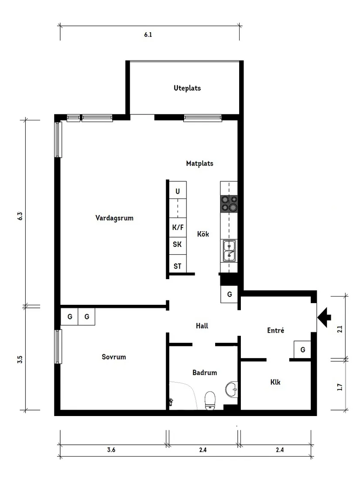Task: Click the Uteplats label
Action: tap(187, 88)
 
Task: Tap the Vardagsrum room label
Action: tap(114, 218)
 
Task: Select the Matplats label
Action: tap(199, 164)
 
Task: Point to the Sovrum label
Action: tap(113, 357)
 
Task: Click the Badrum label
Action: tap(204, 373)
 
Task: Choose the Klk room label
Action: tap(275, 382)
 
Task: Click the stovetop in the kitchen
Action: tap(229, 203)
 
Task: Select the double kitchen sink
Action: tap(230, 251)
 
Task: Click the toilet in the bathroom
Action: tap(210, 400)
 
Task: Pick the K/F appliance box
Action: tap(178, 227)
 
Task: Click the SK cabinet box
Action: tap(178, 245)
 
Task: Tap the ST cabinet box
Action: tap(178, 266)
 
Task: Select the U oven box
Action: tap(178, 191)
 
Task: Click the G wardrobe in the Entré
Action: tap(302, 350)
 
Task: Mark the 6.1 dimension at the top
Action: tap(148, 35)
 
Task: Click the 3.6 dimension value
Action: tap(111, 450)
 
